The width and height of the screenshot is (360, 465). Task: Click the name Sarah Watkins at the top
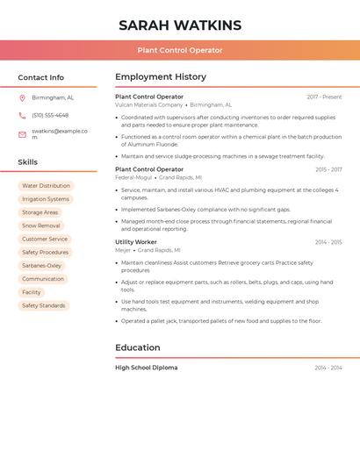tap(180, 25)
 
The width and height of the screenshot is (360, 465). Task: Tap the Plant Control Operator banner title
tap(180, 50)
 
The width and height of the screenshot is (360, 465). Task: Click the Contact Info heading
tap(40, 77)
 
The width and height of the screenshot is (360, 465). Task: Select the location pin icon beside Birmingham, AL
tap(22, 97)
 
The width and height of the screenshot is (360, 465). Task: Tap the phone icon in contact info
tap(22, 115)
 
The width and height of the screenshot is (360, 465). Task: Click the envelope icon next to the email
tap(22, 134)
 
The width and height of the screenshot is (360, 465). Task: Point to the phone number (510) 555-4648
tap(50, 115)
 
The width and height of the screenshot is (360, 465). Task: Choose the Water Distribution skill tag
tap(46, 186)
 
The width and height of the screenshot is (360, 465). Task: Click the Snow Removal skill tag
tap(41, 225)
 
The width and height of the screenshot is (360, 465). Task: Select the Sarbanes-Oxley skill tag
tap(42, 265)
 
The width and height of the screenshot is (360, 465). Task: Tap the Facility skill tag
tap(32, 292)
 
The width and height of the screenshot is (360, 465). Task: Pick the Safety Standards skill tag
tap(44, 305)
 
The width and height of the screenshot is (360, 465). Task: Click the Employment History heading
tap(161, 77)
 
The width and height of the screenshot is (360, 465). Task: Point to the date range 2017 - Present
tap(324, 97)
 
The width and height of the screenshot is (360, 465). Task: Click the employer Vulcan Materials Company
tap(149, 104)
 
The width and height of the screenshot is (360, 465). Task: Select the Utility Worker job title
tap(136, 241)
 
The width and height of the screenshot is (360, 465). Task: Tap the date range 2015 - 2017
tap(328, 169)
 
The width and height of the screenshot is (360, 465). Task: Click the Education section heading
tap(138, 347)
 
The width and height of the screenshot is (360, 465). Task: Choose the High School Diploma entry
tap(146, 368)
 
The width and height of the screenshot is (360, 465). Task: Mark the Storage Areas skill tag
tap(40, 212)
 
